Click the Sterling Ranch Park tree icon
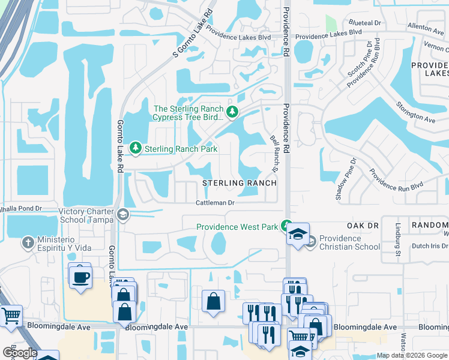point(136,148)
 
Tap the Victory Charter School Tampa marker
point(123,215)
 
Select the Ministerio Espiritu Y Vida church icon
point(27,243)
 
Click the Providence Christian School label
point(349,242)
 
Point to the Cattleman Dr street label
point(214,203)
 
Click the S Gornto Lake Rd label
point(193,34)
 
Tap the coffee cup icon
point(80,277)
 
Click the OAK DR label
point(363,225)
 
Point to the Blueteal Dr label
point(369,22)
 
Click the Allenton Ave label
point(424,26)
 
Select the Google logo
point(20,353)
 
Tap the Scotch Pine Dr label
point(357,58)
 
